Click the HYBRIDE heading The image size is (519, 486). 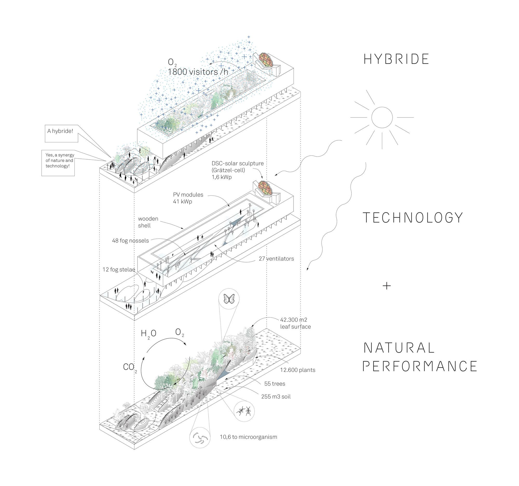[x=396, y=59]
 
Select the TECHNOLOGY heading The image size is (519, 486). [x=413, y=218]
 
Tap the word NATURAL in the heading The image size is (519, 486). [x=399, y=348]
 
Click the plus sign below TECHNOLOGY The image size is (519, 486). [x=387, y=286]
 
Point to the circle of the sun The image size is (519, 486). [x=382, y=118]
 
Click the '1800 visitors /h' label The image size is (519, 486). [x=198, y=72]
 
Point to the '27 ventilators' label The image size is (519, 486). [x=276, y=259]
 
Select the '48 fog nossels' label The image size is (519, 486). [x=131, y=240]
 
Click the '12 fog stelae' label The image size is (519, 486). [x=119, y=269]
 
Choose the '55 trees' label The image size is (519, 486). [x=275, y=384]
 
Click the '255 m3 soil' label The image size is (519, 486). [x=276, y=397]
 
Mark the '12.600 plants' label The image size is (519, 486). [x=298, y=370]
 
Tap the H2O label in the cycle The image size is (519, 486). [x=148, y=334]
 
